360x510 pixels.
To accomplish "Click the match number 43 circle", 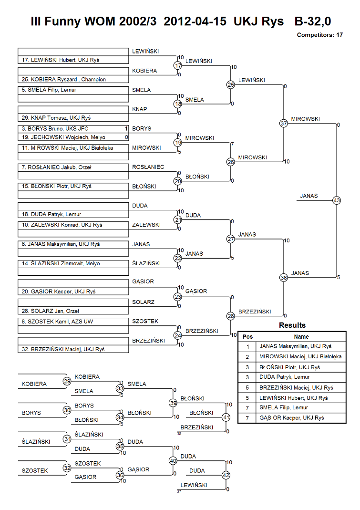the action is pos(337,200).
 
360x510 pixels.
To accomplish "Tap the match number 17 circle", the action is pos(177,66).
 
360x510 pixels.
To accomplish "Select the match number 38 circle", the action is pos(284,278).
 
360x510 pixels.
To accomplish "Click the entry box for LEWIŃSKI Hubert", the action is pos(73,60).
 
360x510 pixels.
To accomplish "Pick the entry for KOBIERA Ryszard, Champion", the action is pos(73,79).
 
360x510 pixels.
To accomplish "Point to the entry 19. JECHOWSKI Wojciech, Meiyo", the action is pos(73,137).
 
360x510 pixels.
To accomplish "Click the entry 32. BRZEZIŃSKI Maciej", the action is pos(73,349).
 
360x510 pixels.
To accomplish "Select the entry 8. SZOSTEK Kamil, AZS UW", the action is pos(73,322).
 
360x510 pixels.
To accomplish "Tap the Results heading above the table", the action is pos(292,325).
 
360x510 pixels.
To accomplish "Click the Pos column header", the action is pos(247,337).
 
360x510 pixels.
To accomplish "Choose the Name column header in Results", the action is pos(301,337).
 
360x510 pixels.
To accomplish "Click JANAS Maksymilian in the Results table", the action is pos(295,346).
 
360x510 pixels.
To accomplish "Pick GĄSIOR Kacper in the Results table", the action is pos(292,418).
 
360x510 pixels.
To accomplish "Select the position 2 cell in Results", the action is pos(247,357).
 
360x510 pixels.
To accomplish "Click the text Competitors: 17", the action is pos(319,35).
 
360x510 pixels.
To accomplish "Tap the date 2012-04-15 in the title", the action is pos(195,21).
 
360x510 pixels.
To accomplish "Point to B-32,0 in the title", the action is pos(313,21).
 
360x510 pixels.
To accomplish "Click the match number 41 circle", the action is pos(226,417).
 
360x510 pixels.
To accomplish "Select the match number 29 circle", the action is pos(67,381).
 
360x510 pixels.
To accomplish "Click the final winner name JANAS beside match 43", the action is pos(309,196).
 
